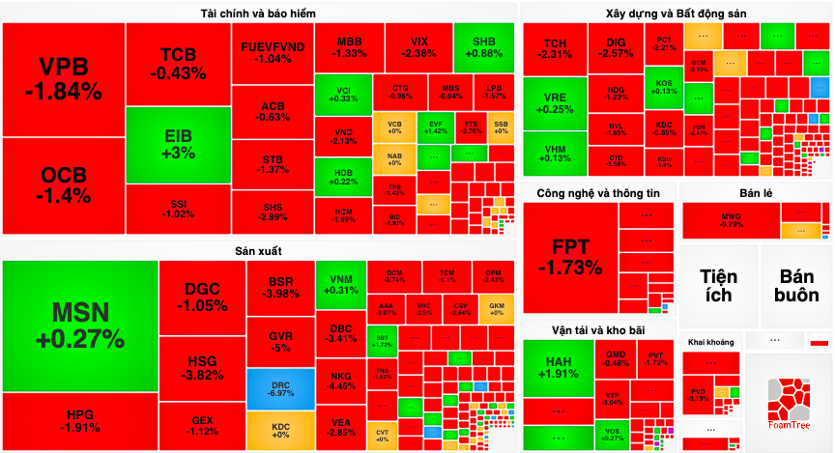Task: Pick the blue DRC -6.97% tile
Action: click(x=280, y=388)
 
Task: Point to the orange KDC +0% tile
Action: click(x=280, y=431)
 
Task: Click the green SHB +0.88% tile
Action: click(x=482, y=47)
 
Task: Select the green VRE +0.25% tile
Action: click(x=555, y=103)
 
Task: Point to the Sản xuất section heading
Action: click(x=257, y=251)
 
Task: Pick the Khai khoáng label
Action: click(x=710, y=342)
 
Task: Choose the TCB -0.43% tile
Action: click(x=178, y=63)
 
